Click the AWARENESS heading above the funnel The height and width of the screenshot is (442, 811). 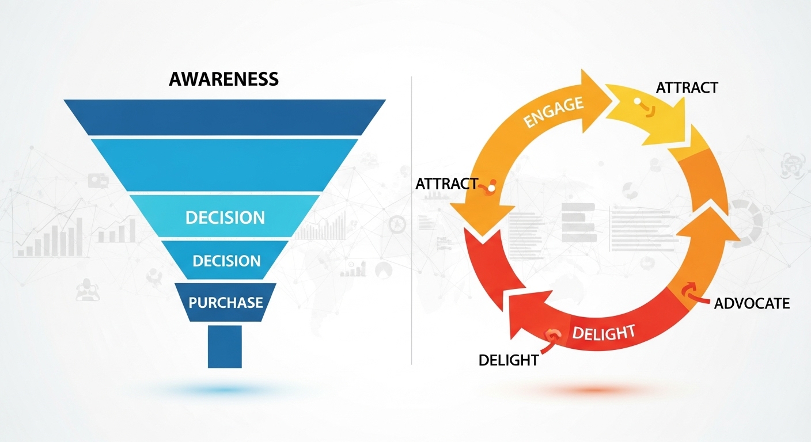(223, 79)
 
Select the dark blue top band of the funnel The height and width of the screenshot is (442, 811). (224, 117)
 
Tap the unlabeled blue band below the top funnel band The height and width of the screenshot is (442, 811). (224, 164)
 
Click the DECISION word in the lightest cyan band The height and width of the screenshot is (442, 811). (225, 218)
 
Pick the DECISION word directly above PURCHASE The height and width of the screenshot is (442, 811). (226, 261)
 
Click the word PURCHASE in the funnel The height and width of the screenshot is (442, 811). (226, 302)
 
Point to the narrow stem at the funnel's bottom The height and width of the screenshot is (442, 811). (225, 346)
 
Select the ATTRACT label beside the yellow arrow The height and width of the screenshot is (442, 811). (687, 87)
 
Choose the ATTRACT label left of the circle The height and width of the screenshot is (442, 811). (446, 184)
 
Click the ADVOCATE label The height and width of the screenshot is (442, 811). (752, 303)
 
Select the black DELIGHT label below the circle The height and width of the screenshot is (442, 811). (509, 360)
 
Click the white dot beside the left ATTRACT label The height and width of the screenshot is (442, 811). (491, 186)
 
